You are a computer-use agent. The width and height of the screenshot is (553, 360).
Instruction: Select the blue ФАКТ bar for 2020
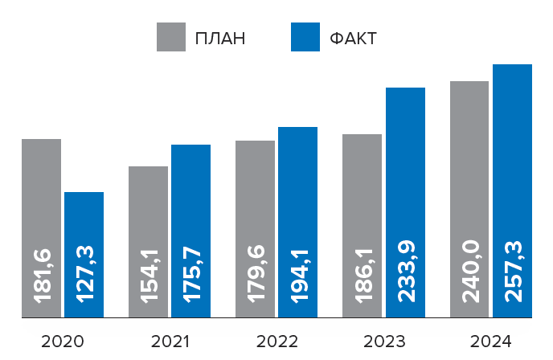84,217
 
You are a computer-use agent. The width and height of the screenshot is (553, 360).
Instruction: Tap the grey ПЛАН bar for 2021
149,201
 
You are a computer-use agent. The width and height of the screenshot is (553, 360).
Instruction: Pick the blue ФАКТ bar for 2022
297,185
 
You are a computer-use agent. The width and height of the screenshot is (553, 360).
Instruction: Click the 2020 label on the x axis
63,342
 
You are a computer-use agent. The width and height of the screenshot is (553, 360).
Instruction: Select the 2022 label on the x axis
276,342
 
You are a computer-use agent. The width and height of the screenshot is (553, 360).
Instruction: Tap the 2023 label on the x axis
383,342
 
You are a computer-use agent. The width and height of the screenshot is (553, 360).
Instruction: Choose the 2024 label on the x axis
490,342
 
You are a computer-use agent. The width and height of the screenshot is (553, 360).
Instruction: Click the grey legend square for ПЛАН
170,37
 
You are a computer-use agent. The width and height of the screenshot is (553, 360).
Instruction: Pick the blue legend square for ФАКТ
305,37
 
